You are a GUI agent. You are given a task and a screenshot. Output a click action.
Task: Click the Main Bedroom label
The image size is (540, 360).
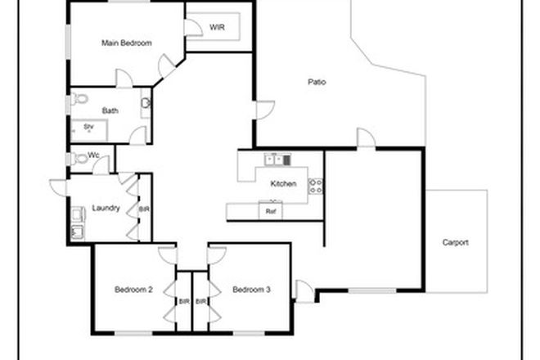(x=127, y=43)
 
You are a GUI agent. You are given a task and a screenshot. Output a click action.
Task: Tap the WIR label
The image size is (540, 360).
(x=217, y=27)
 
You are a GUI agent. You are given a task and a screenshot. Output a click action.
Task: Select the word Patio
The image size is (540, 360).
(x=317, y=82)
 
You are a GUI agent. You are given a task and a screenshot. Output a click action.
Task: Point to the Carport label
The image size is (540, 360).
(x=455, y=242)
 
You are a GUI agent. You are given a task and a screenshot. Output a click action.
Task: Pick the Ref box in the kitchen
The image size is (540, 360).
(x=271, y=210)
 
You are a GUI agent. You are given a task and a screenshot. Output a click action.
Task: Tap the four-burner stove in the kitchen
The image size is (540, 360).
(x=316, y=186)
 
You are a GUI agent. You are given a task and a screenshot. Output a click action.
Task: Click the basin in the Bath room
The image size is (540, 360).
(x=146, y=104)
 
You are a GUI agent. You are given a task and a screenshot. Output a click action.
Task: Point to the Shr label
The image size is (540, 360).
(x=88, y=127)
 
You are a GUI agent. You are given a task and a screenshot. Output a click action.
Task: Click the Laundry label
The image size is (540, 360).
(x=106, y=208)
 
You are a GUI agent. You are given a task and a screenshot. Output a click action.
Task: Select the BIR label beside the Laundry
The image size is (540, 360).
(x=144, y=209)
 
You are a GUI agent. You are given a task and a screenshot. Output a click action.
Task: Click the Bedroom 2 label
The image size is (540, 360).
(x=133, y=290)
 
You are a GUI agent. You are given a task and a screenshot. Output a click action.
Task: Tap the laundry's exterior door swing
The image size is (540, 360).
(x=59, y=187)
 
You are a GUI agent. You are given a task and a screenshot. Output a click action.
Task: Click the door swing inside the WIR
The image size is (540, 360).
(x=195, y=29)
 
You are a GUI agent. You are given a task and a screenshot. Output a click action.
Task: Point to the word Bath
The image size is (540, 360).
(x=110, y=110)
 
